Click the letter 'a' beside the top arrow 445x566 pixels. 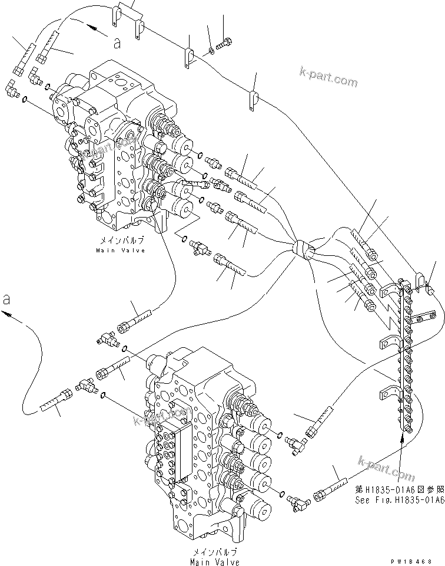(117, 42)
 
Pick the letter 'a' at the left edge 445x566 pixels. (6, 299)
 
